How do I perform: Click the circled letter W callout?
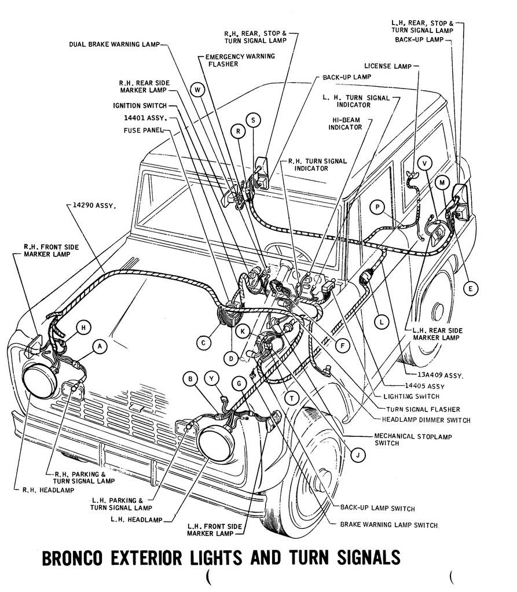(198, 90)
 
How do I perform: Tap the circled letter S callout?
(253, 120)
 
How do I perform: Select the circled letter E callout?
(471, 288)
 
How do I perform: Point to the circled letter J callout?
(358, 455)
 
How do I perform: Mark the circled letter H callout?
(84, 328)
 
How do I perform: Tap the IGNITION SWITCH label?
(140, 105)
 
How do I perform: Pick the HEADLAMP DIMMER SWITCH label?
(426, 420)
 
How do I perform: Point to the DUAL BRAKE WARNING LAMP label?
(113, 44)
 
